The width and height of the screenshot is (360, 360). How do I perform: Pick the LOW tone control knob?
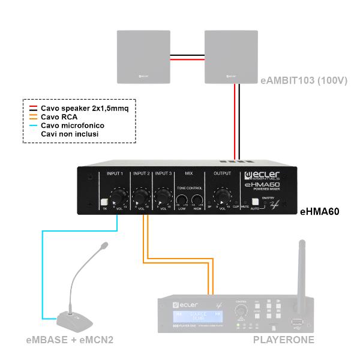point(182,200)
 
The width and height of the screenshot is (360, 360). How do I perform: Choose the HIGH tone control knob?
point(197,200)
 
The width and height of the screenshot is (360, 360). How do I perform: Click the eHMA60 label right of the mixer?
point(320,211)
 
